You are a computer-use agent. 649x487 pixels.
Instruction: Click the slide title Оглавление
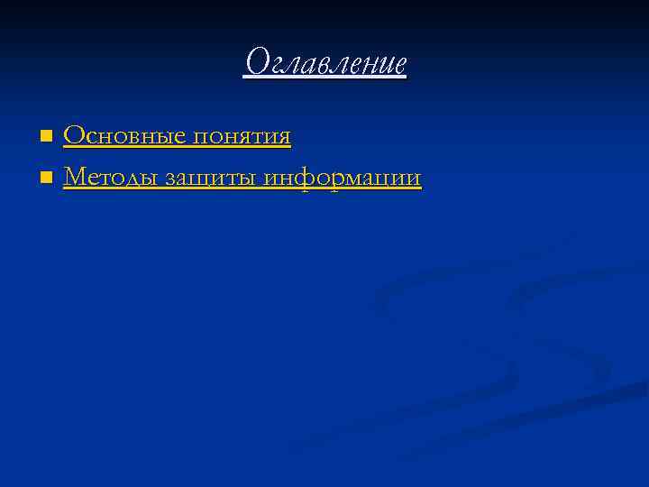click(325, 63)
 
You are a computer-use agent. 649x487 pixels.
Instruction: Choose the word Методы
click(114, 179)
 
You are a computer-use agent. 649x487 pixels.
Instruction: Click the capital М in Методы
click(76, 179)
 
